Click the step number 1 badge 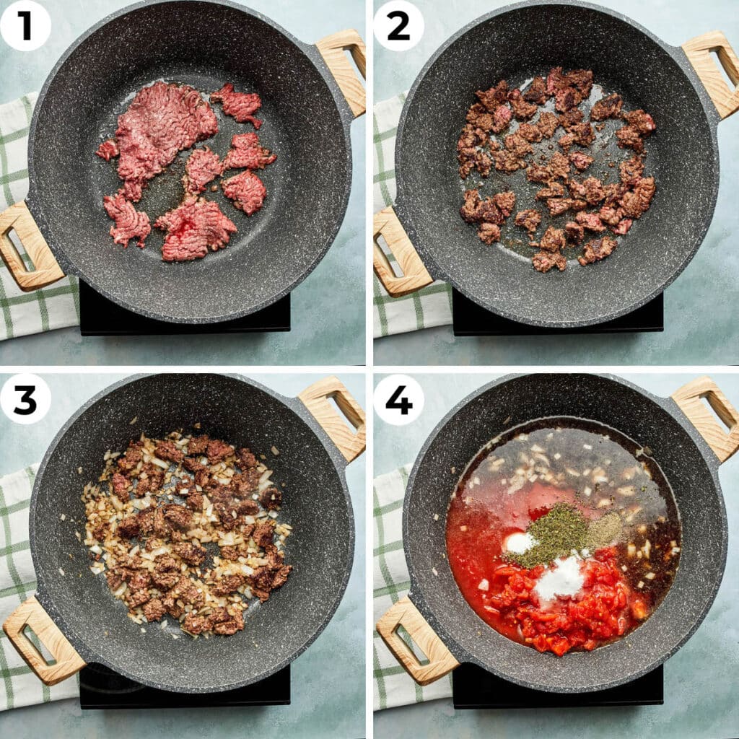pyautogui.click(x=25, y=25)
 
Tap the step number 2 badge pyautogui.click(x=398, y=25)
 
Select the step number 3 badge pyautogui.click(x=25, y=398)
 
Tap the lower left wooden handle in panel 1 pyautogui.click(x=27, y=246)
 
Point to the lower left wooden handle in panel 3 pyautogui.click(x=43, y=640)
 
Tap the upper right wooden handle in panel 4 pyautogui.click(x=707, y=417)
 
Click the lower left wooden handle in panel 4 pyautogui.click(x=416, y=640)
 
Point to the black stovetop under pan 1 pyautogui.click(x=185, y=313)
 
